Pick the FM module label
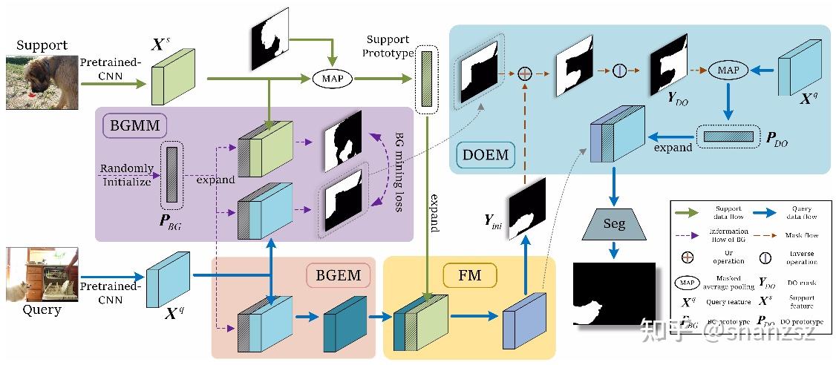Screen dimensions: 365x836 point(470,276)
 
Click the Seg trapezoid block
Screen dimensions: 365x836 point(614,223)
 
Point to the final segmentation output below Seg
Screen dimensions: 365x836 point(613,294)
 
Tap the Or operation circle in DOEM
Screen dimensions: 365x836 point(526,73)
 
